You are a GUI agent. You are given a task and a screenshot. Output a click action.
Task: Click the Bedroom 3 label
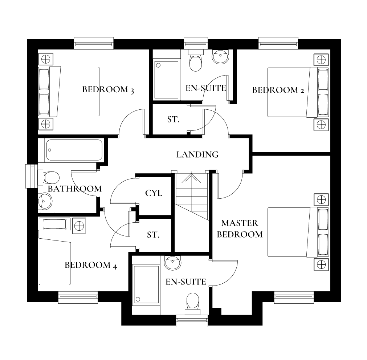tap(108, 89)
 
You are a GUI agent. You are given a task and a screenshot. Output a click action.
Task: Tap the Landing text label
tap(197, 154)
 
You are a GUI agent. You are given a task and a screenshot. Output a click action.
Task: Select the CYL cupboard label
tap(154, 193)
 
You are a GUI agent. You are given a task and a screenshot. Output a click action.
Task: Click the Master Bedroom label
tap(240, 228)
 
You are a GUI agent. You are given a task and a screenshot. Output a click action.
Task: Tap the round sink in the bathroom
tap(45, 200)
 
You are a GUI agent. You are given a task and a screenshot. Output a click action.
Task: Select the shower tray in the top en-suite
tap(167, 80)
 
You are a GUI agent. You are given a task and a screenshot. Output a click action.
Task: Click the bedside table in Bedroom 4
tap(79, 226)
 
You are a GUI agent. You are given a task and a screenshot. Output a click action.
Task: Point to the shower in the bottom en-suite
tap(146, 285)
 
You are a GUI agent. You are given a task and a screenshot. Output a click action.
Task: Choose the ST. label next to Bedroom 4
tap(153, 235)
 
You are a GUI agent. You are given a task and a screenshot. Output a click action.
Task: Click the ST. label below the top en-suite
tap(173, 119)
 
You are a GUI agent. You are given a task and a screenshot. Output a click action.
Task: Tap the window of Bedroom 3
tap(94, 44)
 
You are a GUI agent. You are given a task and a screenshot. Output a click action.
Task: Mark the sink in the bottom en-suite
tap(172, 262)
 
